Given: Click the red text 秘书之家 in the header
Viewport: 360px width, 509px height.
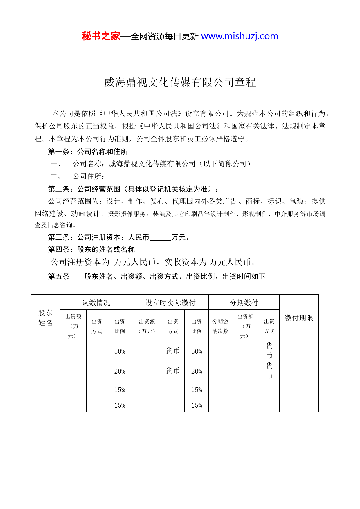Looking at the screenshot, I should [x=101, y=36].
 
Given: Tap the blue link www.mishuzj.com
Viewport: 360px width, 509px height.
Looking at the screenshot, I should [x=240, y=36].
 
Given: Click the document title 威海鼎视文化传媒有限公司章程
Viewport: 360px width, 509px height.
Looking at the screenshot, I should [x=180, y=82].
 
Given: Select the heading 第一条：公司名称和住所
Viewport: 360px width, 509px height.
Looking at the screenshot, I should [x=88, y=151].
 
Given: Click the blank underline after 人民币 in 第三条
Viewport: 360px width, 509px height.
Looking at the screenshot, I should [x=160, y=238].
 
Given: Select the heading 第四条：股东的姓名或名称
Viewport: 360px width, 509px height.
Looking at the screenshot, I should [x=91, y=250].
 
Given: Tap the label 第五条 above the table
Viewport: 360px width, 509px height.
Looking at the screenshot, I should [x=59, y=277].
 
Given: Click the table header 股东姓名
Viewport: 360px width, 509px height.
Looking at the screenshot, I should [x=45, y=317].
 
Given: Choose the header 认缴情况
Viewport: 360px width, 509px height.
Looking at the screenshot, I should [x=96, y=303].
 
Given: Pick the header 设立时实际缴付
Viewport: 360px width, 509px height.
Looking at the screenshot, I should [x=170, y=303].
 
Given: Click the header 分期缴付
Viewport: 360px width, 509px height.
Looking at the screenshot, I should [x=244, y=303].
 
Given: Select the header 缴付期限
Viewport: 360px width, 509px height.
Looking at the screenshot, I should [x=299, y=318].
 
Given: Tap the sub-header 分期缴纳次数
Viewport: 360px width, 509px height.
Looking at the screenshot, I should [x=220, y=326].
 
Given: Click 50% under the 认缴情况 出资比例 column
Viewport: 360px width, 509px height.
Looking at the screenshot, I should [x=120, y=351].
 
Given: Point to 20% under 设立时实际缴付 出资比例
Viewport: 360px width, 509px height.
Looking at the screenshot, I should [x=197, y=371].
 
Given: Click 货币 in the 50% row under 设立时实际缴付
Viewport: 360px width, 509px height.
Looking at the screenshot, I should [x=173, y=351].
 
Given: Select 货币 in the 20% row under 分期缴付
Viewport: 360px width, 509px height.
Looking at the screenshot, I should [x=269, y=371].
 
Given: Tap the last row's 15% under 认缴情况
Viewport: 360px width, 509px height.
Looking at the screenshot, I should [x=120, y=405].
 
